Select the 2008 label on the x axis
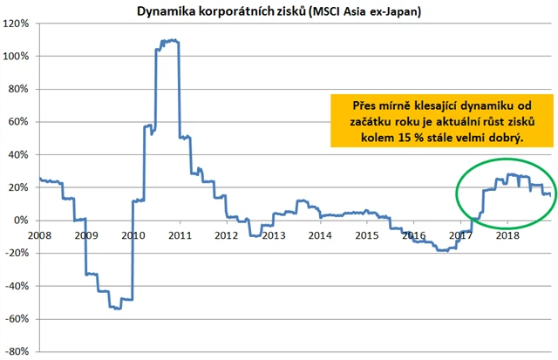click(39, 234)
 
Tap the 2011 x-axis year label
click(180, 234)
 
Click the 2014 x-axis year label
click(320, 234)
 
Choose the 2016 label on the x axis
click(413, 234)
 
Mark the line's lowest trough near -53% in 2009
click(117, 309)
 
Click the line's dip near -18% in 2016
click(443, 250)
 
